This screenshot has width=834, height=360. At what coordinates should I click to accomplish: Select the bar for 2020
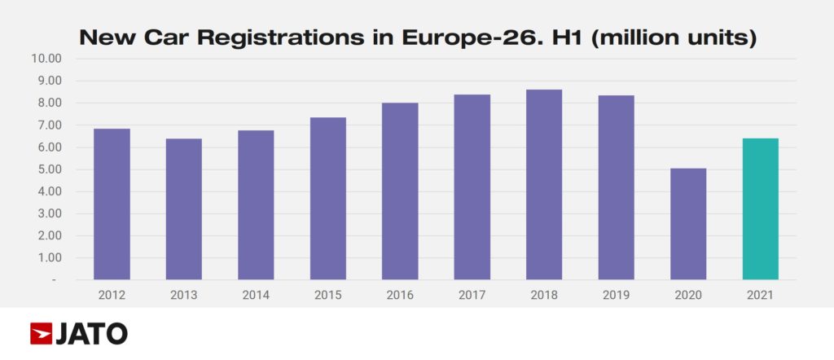688,224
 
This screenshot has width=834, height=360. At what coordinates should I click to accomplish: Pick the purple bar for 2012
112,204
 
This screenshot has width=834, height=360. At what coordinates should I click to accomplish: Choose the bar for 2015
327,199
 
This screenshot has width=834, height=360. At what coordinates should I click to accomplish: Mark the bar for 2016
400,191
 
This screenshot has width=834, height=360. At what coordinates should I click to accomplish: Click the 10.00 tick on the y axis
47,59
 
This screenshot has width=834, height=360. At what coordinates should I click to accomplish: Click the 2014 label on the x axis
256,294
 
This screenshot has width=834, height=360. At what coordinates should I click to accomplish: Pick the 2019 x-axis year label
616,294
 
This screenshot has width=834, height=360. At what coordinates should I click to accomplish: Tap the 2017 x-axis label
472,294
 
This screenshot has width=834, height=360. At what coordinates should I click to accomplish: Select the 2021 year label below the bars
760,294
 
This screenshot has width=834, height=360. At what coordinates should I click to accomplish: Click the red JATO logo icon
41,333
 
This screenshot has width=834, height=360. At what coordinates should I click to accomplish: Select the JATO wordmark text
92,333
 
